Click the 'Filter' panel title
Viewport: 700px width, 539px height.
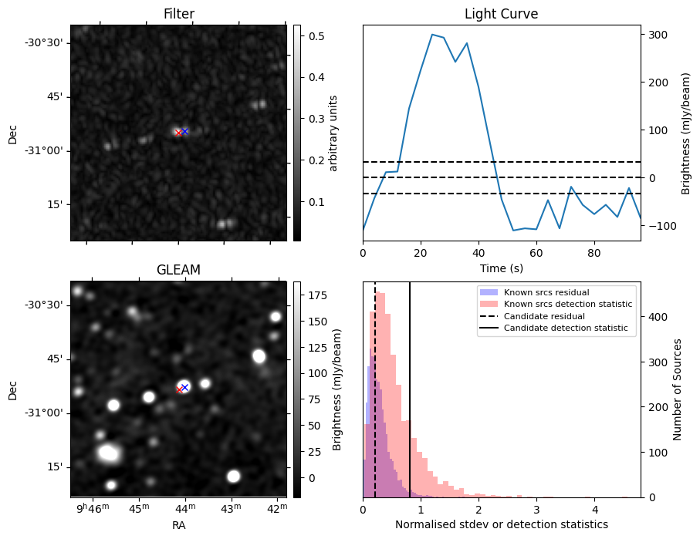178,14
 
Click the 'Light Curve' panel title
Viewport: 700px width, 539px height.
501,14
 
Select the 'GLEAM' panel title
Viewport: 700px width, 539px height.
178,270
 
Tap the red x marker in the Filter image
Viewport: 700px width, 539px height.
178,133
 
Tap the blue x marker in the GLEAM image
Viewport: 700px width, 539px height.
184,387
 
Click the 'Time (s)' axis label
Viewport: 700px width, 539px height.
501,267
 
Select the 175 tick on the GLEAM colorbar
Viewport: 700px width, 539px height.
318,295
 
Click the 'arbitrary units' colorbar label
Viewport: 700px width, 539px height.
334,133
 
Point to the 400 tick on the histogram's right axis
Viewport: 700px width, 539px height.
657,317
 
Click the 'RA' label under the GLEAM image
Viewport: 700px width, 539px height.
178,525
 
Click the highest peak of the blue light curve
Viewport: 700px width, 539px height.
431,34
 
